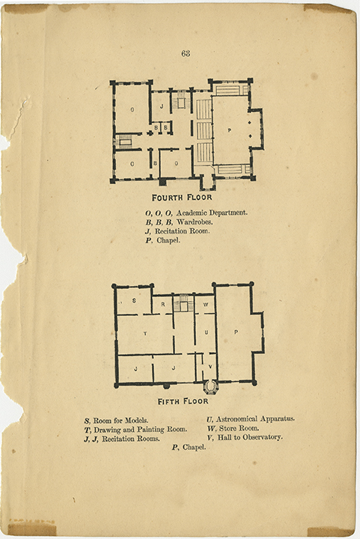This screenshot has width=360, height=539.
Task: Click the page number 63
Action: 186,53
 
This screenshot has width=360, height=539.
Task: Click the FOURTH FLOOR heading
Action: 182,198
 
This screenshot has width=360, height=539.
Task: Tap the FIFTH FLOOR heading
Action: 183,401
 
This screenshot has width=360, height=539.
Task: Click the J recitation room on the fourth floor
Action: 162,106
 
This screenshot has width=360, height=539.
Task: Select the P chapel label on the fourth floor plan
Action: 229,130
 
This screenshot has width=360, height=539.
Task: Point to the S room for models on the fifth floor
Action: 134,300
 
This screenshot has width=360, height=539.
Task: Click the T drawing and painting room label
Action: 145,333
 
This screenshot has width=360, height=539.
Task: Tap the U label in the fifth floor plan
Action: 206,332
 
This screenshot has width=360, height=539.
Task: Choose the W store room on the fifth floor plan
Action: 206,305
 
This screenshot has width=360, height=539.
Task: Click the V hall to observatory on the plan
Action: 210,366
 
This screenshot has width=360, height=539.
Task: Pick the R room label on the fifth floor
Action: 163,304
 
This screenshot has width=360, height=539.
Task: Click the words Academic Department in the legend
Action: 212,213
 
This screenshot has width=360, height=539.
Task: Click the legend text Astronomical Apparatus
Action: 255,419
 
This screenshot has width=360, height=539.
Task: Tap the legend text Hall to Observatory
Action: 250,437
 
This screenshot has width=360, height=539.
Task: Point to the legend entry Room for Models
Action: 121,421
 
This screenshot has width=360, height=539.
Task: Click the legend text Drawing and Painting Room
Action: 141,430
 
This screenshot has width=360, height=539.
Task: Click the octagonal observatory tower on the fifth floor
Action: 210,387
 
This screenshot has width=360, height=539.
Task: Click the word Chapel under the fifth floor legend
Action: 194,447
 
